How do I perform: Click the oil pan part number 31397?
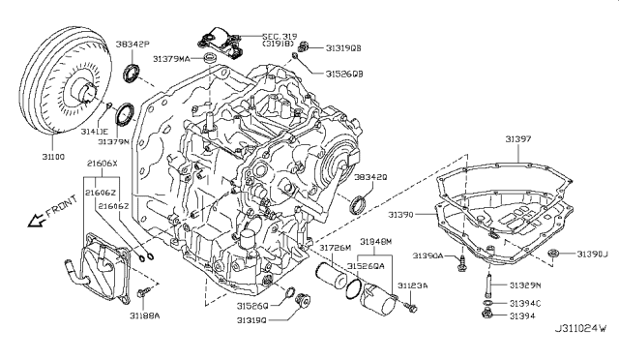(516, 139)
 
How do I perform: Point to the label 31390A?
(428, 257)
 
